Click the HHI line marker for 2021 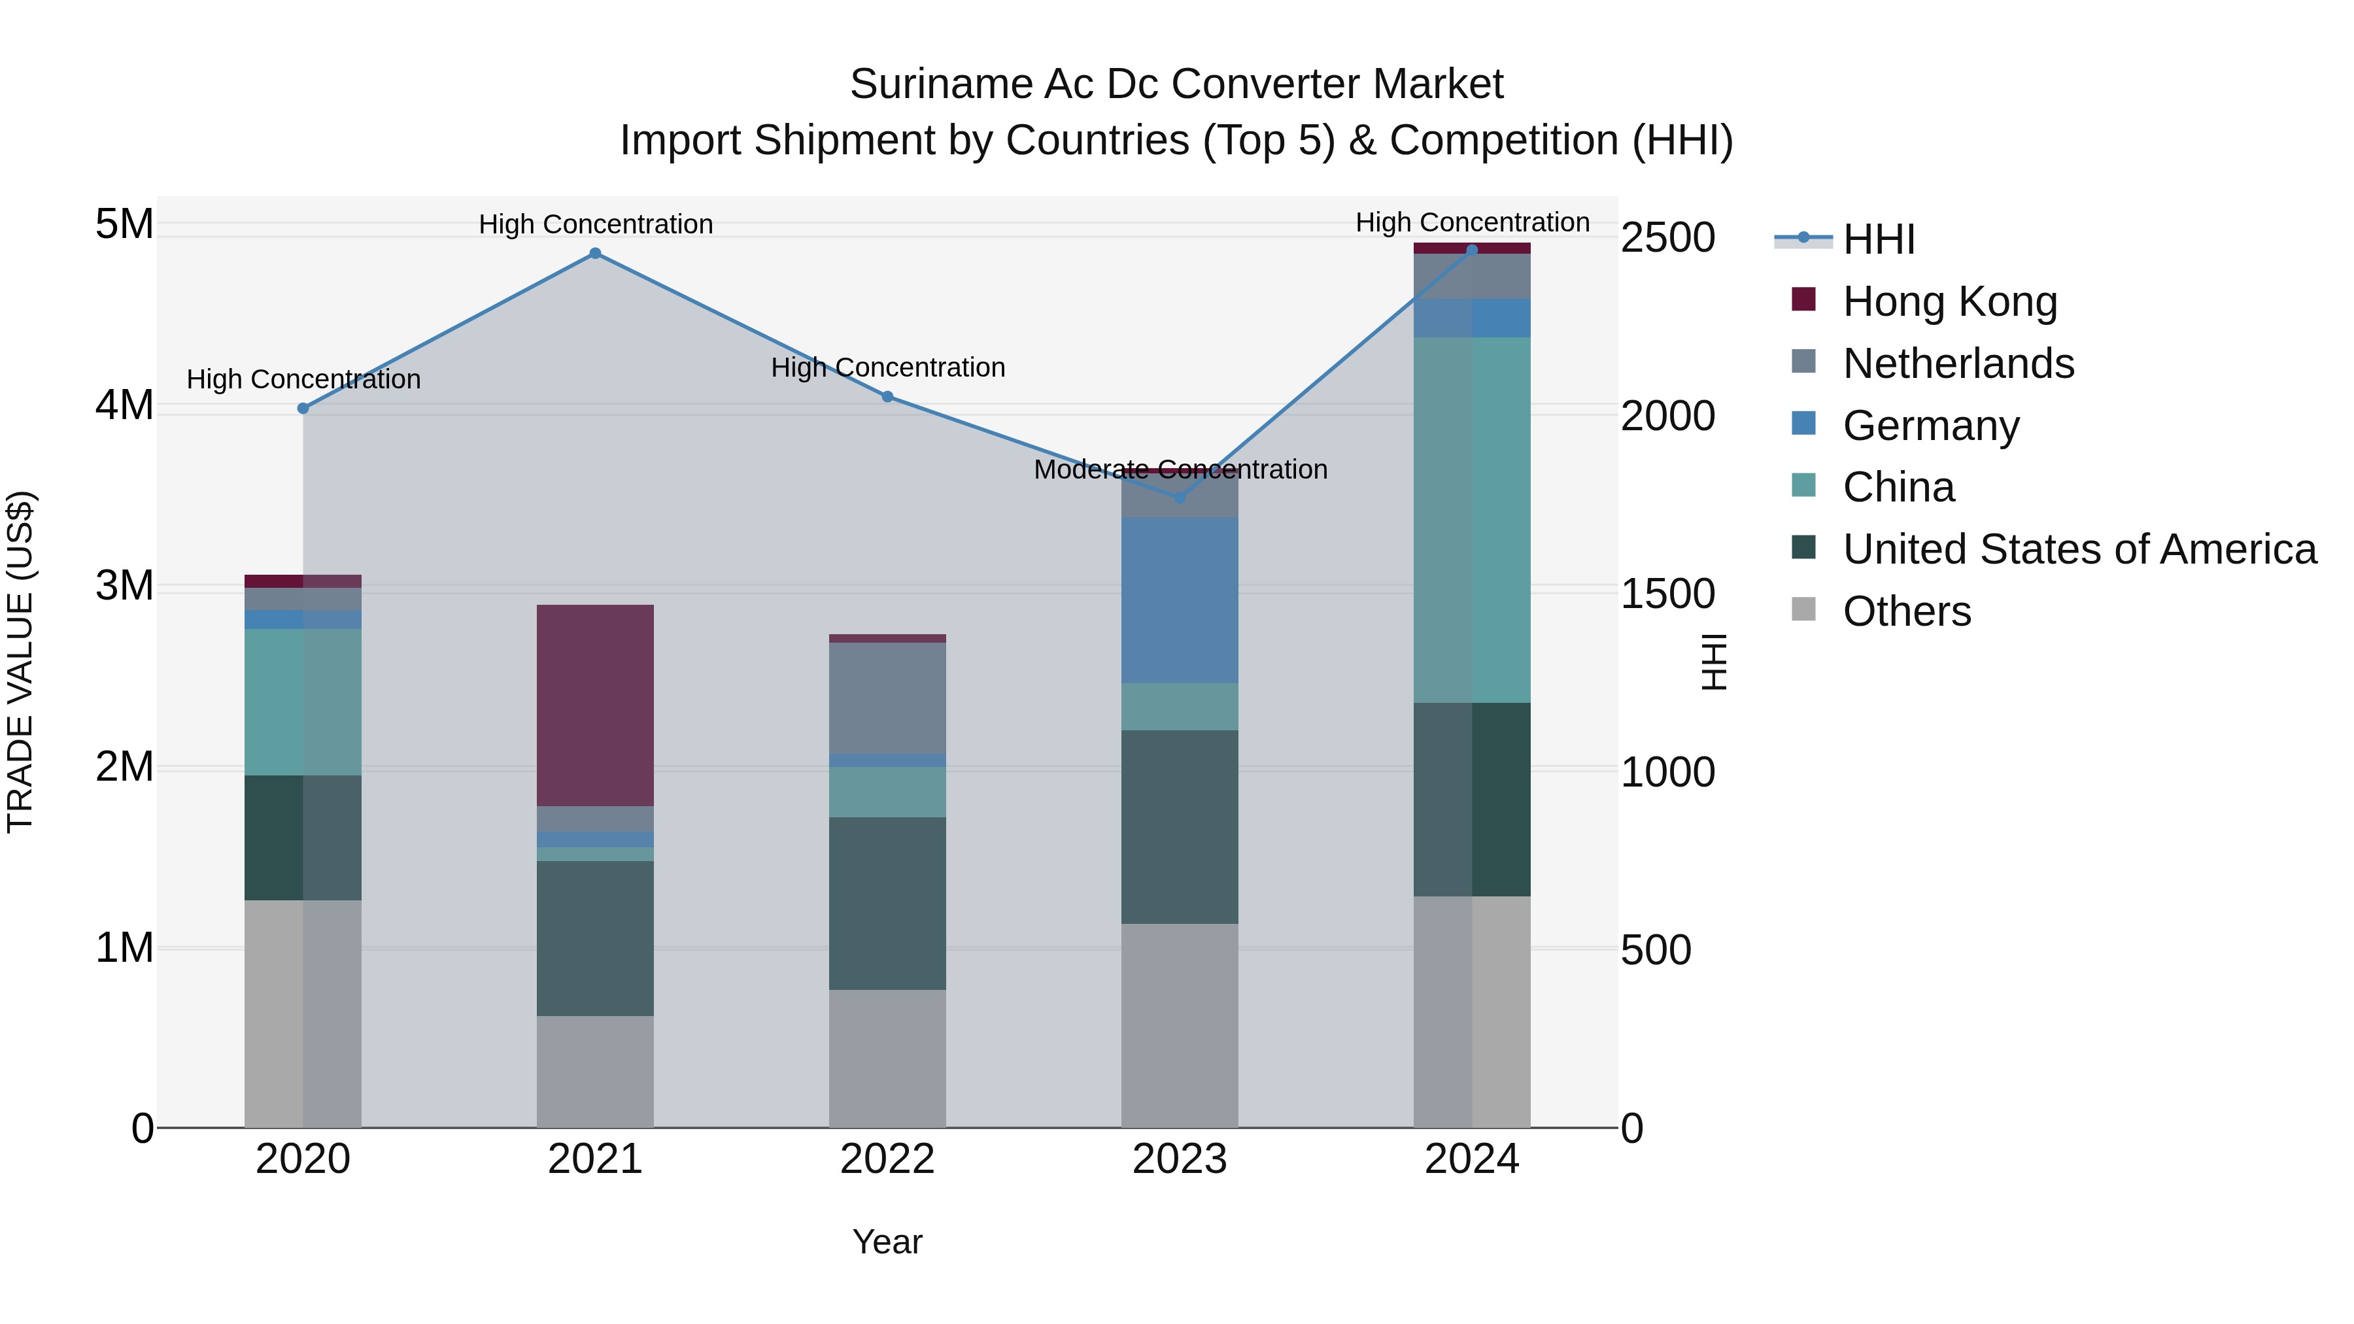click(595, 253)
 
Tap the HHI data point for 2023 click(1179, 497)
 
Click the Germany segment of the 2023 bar click(1179, 600)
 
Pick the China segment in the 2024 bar click(1471, 519)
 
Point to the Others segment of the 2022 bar click(887, 1058)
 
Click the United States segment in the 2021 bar click(595, 938)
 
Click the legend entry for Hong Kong click(1949, 301)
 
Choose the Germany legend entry click(1930, 426)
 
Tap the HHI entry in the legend click(1878, 239)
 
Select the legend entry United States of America click(2079, 549)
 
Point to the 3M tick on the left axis click(124, 586)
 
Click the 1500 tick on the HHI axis click(1667, 594)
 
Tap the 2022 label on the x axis click(887, 1159)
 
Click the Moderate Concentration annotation click(1180, 469)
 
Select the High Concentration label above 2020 click(303, 379)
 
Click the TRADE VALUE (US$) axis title click(20, 662)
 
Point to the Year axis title click(887, 1242)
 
